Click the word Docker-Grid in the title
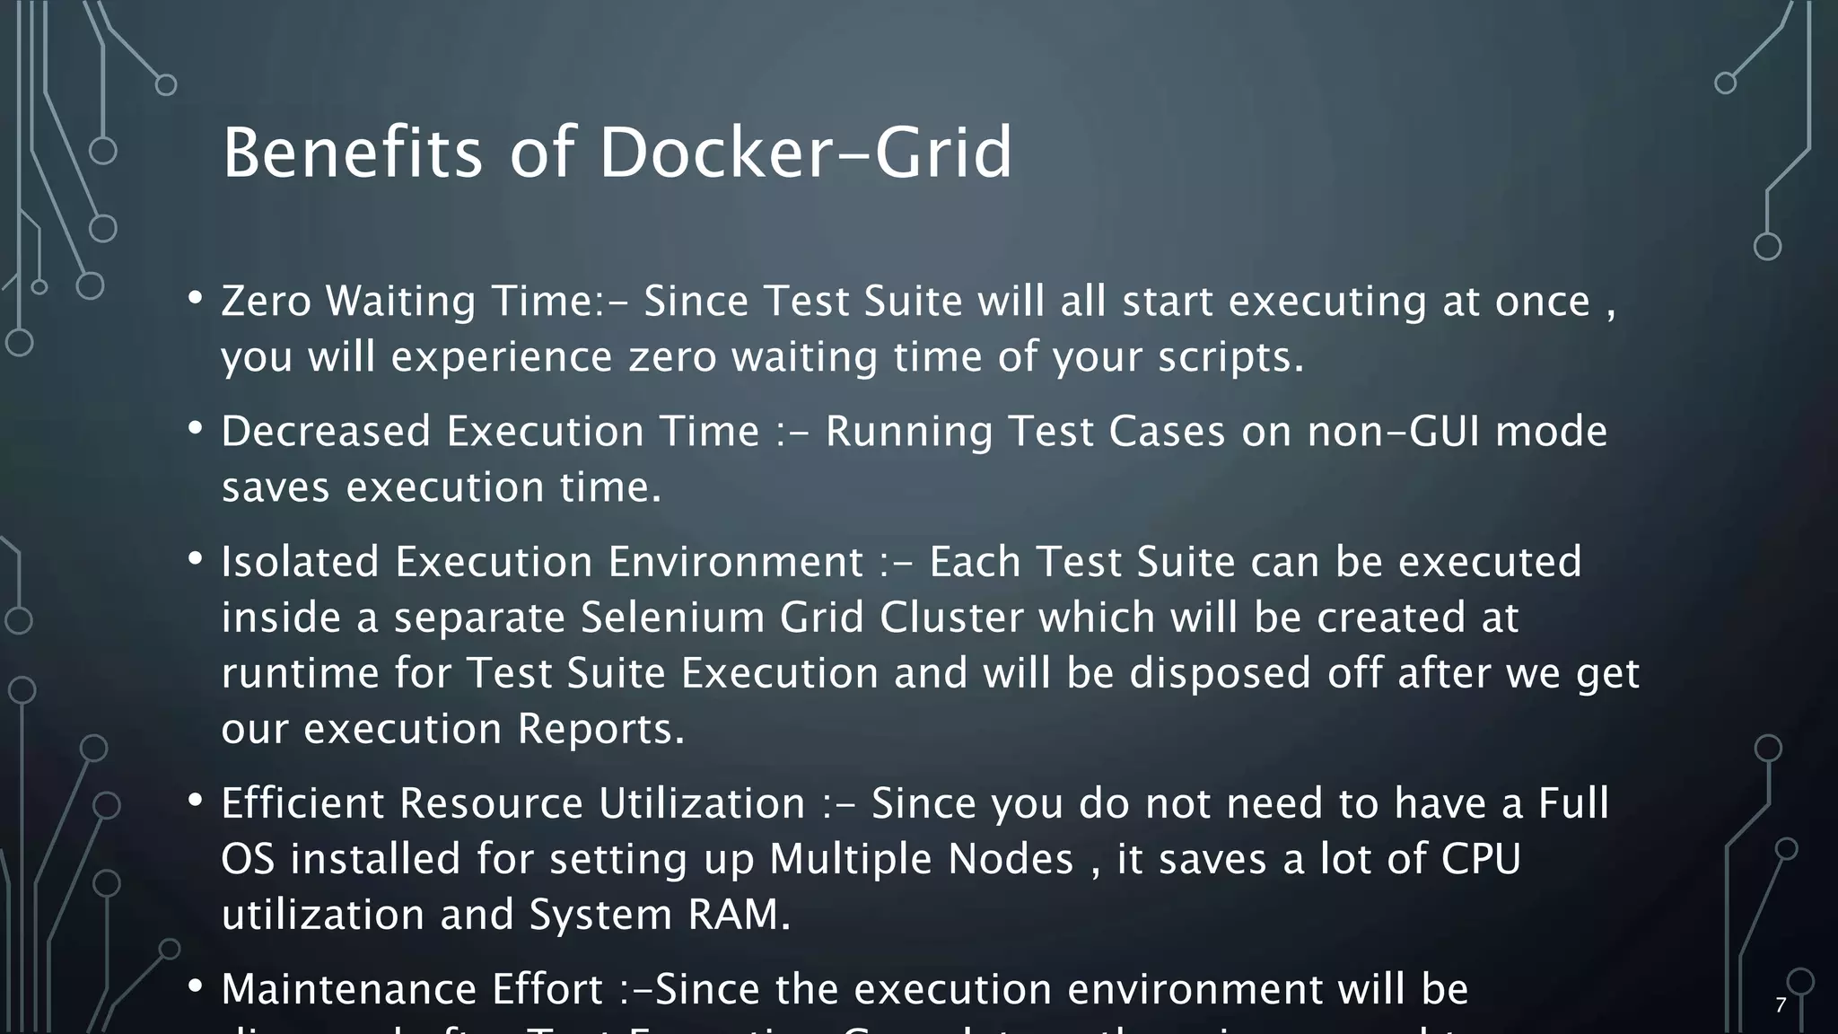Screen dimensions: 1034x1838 [805, 153]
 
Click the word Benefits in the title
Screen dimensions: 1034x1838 [352, 153]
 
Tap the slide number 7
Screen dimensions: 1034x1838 [1781, 1005]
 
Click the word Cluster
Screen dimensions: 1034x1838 [951, 618]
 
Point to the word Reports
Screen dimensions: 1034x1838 [600, 728]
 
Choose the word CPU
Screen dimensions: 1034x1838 [1481, 858]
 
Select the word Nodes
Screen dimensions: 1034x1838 [1011, 858]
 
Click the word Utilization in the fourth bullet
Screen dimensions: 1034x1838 [702, 802]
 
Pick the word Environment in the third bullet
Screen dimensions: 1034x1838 [735, 562]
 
